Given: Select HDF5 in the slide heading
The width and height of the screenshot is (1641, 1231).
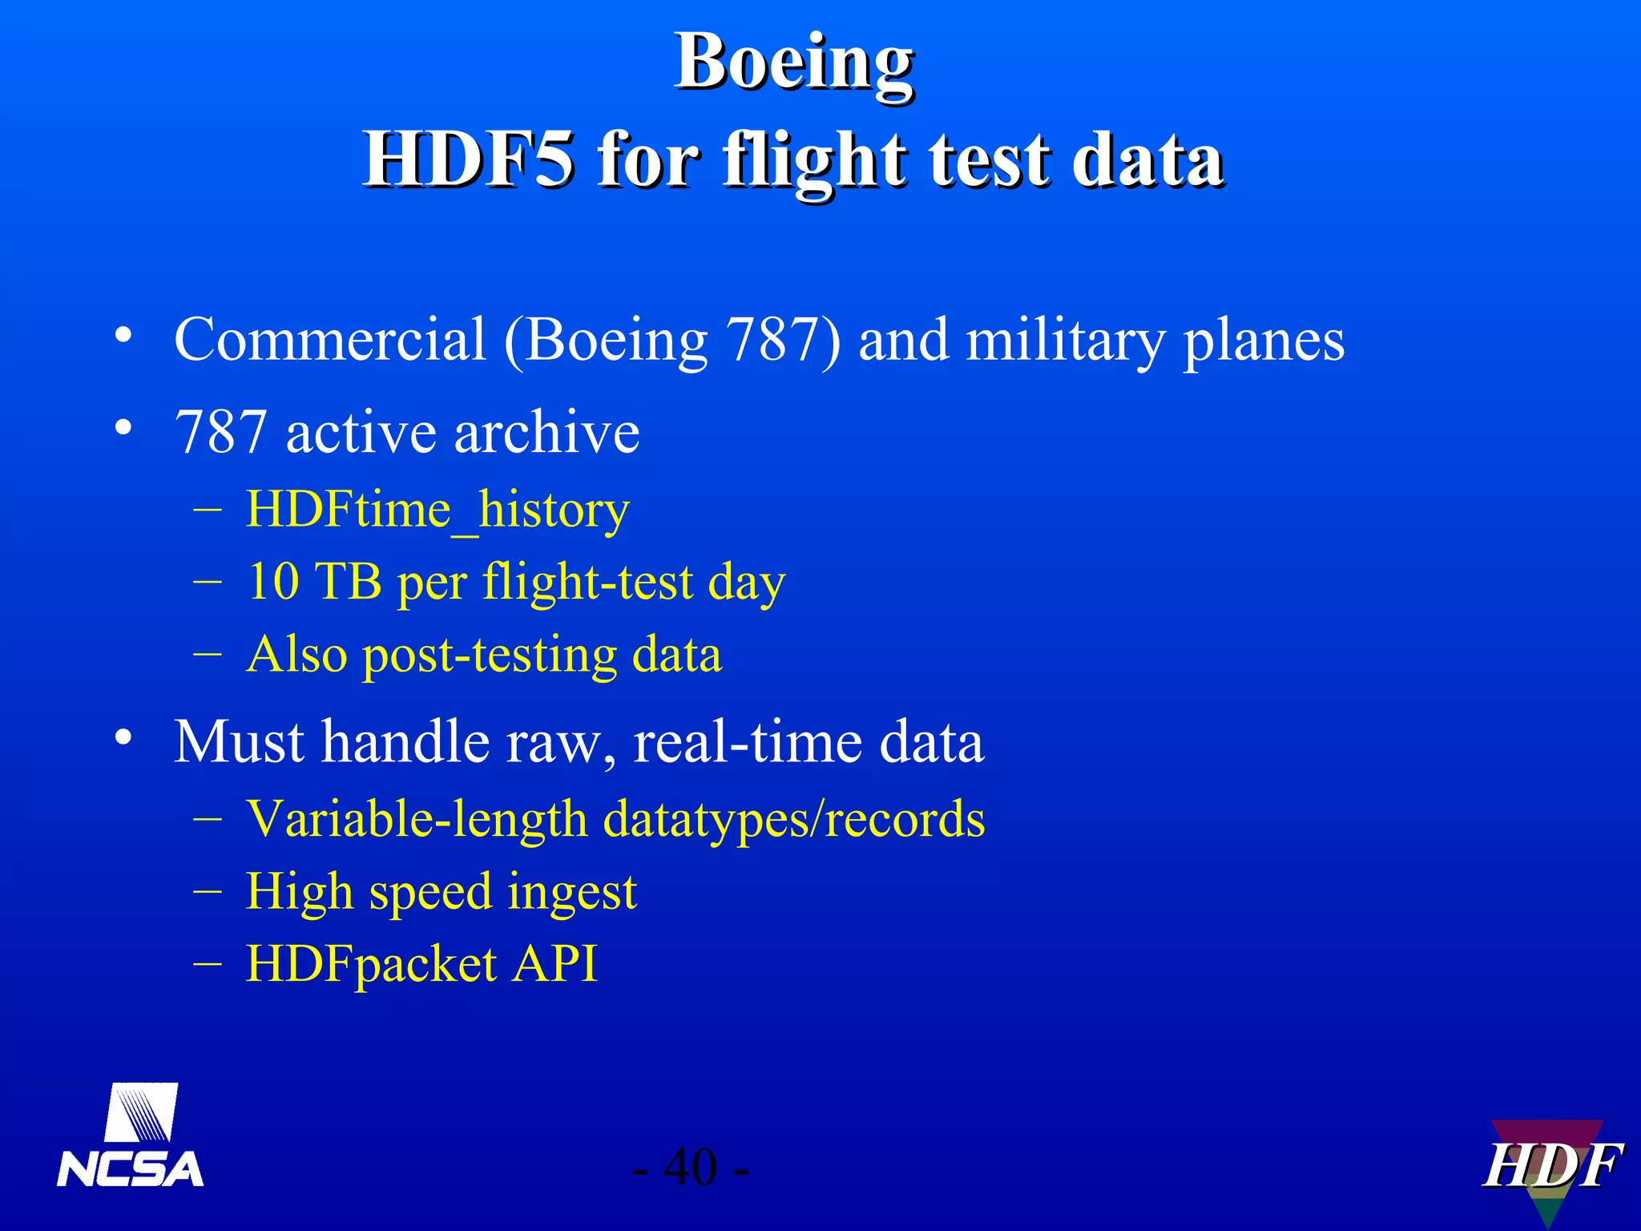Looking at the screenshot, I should coord(468,160).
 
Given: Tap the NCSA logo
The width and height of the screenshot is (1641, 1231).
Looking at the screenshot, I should coord(131,1136).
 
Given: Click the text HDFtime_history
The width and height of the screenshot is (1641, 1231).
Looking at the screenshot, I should coord(437,511).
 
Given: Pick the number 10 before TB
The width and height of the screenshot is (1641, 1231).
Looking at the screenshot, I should coord(272,581).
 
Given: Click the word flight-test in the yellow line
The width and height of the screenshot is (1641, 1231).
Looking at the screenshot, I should coord(587,581).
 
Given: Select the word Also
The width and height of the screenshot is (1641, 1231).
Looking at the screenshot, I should coord(296,654).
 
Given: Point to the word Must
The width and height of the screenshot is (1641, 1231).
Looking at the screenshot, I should coord(239,742).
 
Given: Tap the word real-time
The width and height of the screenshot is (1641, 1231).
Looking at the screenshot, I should coord(747,742).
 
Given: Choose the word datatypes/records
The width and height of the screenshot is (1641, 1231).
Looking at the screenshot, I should coord(793,820).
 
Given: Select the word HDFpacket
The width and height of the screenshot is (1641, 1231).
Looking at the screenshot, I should coord(371,964).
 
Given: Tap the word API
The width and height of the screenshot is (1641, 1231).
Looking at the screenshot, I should coord(554,963).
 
